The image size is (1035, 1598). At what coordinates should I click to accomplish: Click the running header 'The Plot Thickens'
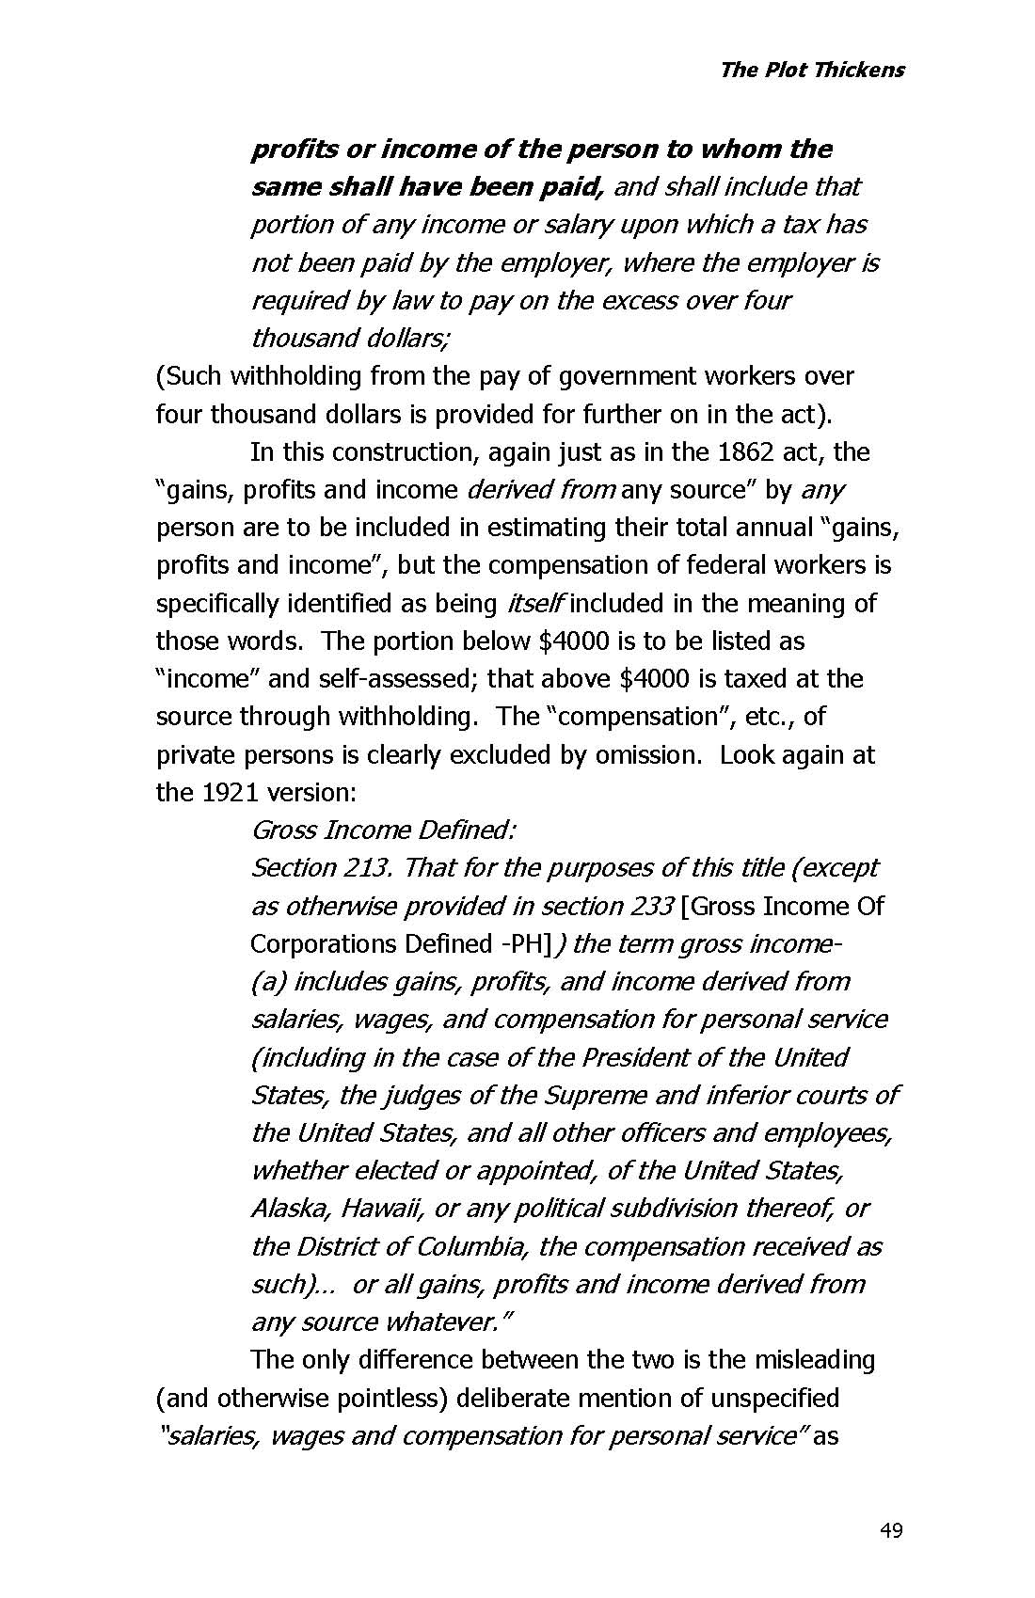811,70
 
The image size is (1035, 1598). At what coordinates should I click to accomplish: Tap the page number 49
890,1531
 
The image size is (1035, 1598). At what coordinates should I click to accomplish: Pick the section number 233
647,907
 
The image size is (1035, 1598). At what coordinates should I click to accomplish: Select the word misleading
807,1360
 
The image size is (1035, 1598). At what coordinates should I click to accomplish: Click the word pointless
386,1399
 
